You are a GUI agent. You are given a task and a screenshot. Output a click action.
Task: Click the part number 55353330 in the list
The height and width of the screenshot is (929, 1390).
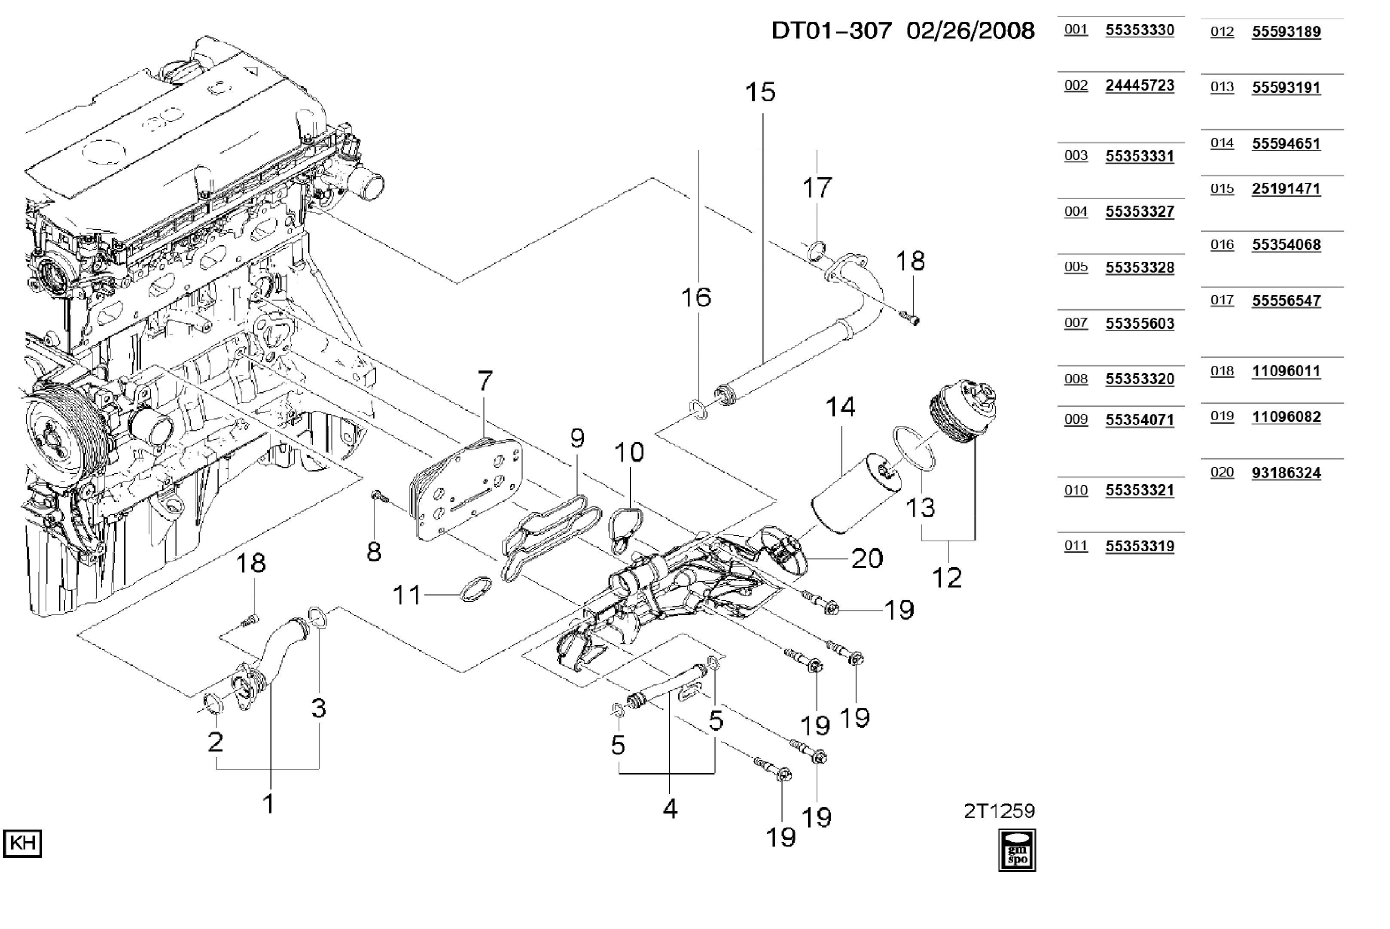[1139, 30]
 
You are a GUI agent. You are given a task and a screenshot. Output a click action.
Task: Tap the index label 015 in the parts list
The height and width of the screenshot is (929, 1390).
[1222, 189]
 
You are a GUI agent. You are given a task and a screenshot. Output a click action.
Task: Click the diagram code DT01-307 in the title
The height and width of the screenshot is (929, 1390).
[831, 31]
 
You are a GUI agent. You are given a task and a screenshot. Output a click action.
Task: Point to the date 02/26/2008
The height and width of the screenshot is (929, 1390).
[970, 31]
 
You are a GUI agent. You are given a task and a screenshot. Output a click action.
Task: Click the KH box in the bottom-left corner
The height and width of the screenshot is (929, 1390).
[22, 843]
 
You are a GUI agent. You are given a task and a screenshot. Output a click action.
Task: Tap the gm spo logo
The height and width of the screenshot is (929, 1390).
[1017, 850]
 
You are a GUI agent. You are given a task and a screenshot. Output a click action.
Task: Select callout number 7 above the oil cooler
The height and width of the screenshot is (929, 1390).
[485, 381]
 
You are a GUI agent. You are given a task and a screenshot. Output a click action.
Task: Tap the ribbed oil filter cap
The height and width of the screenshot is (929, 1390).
[961, 410]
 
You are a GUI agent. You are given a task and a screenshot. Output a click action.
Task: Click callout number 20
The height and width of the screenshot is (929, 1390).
[866, 559]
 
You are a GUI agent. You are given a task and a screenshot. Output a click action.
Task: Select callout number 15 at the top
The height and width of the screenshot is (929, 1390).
[760, 92]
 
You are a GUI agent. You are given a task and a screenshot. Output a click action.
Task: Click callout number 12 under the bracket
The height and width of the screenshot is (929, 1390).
[947, 578]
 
